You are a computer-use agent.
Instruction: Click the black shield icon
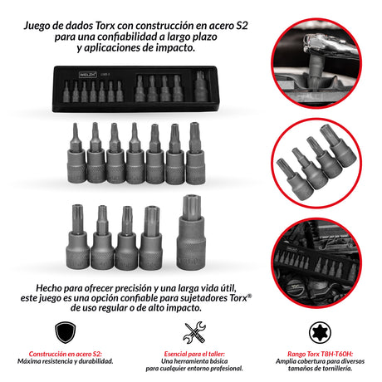tap(65, 332)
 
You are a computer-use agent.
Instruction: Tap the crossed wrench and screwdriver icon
tap(194, 332)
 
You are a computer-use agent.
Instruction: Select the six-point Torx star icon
tap(320, 332)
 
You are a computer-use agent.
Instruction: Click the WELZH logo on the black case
tap(87, 75)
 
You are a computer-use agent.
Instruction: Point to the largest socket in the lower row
tap(191, 233)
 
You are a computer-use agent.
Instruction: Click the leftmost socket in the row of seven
tap(76, 153)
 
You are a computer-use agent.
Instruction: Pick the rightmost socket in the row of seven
tap(195, 153)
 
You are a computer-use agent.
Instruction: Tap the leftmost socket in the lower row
tap(77, 237)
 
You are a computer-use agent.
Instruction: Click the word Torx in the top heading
tap(105, 26)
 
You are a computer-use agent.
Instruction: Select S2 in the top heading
tap(242, 26)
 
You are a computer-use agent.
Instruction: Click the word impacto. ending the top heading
tap(173, 48)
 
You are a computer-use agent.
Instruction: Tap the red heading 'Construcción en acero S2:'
tap(65, 354)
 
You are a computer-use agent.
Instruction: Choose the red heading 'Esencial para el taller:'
tap(194, 354)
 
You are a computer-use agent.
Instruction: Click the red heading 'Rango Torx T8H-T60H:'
tap(320, 354)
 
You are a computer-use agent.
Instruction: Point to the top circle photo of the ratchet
tap(316, 63)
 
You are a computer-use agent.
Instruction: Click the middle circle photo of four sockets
tap(316, 163)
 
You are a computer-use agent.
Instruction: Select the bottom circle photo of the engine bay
tap(316, 263)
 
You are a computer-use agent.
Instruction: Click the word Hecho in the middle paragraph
tap(49, 288)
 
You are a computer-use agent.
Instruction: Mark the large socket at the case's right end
tap(200, 86)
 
